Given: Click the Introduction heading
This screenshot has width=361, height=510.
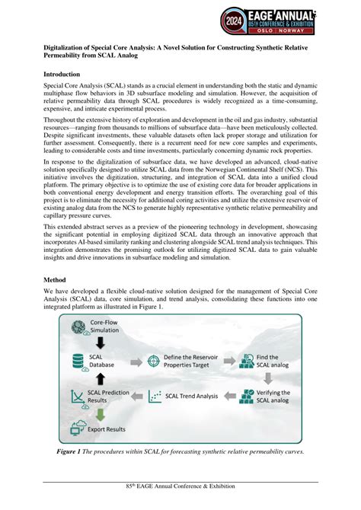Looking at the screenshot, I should (x=62, y=75).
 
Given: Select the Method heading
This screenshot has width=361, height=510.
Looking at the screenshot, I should (x=54, y=279).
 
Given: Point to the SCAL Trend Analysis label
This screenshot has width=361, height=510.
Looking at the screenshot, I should (x=197, y=396).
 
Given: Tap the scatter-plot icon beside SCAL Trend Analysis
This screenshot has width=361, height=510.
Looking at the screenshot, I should (x=156, y=397).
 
